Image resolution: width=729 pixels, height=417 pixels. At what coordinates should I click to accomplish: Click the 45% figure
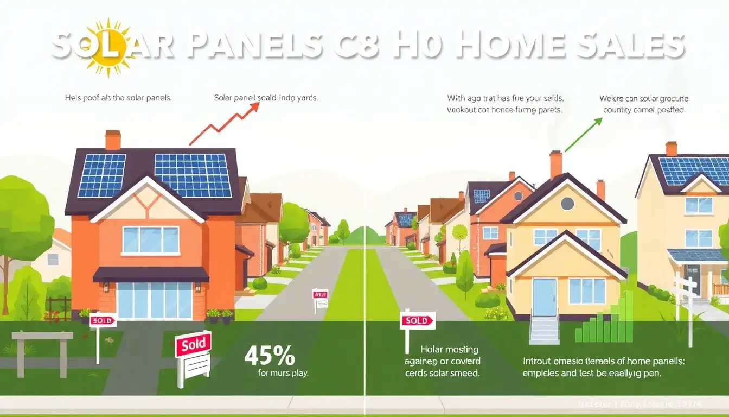pyautogui.click(x=270, y=356)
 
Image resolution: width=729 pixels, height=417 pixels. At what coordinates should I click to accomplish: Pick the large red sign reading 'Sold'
pyautogui.click(x=194, y=344)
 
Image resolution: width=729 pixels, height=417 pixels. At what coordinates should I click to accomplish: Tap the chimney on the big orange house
pyautogui.click(x=113, y=140)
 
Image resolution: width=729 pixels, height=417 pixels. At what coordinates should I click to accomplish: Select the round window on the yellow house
pyautogui.click(x=567, y=204)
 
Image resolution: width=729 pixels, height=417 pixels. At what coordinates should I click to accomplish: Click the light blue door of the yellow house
pyautogui.click(x=544, y=297)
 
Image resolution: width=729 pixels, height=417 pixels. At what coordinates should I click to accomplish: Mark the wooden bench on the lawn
pyautogui.click(x=42, y=347)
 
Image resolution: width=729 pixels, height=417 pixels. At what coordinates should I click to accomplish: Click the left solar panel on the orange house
pyautogui.click(x=101, y=175)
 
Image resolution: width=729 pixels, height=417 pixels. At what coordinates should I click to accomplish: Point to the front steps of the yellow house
pyautogui.click(x=544, y=331)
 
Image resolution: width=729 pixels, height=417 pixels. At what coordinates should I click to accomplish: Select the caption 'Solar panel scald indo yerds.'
pyautogui.click(x=266, y=98)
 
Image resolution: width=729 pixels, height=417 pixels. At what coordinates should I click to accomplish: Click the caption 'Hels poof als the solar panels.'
pyautogui.click(x=118, y=98)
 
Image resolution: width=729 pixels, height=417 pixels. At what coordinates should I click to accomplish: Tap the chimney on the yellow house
pyautogui.click(x=555, y=164)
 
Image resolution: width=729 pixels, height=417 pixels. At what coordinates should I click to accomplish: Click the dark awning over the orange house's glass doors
pyautogui.click(x=151, y=274)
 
